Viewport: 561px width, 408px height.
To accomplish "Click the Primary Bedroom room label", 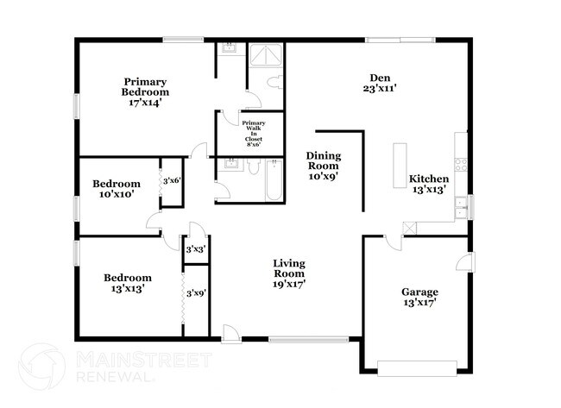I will pyautogui.click(x=145, y=86).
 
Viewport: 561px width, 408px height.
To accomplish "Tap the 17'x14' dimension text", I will pyautogui.click(x=145, y=102).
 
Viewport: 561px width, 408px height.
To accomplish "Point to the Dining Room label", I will pyautogui.click(x=324, y=161).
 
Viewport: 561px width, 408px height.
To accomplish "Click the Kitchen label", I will pyautogui.click(x=428, y=179).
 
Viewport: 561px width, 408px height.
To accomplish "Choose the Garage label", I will pyautogui.click(x=419, y=292).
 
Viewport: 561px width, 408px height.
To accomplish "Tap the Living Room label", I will pyautogui.click(x=289, y=267).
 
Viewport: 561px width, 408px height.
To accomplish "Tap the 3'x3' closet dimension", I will pyautogui.click(x=195, y=249).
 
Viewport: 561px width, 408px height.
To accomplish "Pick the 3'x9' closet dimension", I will pyautogui.click(x=195, y=294).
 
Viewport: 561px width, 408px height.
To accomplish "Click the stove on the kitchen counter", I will pyautogui.click(x=461, y=161).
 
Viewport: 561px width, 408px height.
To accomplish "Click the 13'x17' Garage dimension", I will pyautogui.click(x=419, y=304).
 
